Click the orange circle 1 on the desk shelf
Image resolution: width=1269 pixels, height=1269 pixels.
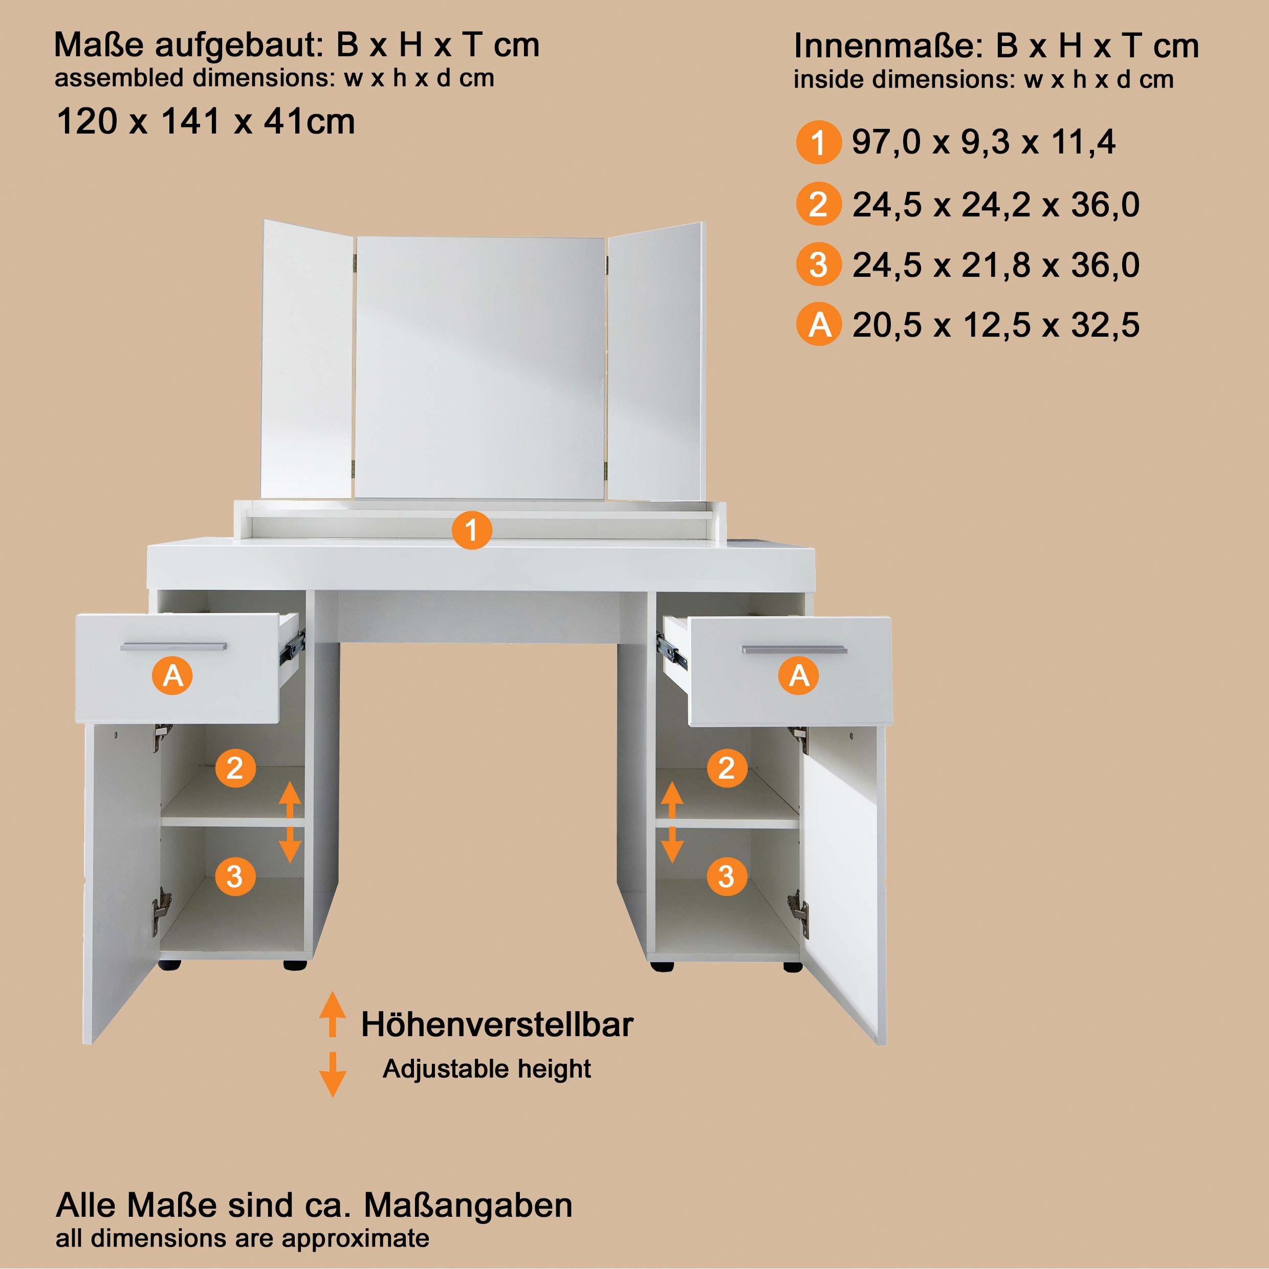(x=472, y=530)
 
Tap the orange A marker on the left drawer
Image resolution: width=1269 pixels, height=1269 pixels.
(x=172, y=675)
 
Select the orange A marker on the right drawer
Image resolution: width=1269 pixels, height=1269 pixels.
(x=799, y=675)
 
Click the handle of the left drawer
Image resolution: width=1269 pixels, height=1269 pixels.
(x=173, y=646)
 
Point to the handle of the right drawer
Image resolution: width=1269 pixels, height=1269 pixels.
(x=794, y=650)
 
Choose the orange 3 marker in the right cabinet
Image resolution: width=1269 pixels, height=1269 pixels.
(x=727, y=876)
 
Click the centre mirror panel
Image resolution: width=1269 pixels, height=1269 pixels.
(x=479, y=368)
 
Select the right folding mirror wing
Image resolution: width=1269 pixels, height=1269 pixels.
(x=656, y=361)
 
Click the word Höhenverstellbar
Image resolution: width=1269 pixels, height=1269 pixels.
(x=497, y=1024)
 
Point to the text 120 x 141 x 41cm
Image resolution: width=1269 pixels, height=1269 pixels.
(x=206, y=121)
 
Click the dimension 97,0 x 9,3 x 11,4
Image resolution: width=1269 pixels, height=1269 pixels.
(x=983, y=142)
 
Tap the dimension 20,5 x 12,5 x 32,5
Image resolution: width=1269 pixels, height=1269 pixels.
(x=996, y=324)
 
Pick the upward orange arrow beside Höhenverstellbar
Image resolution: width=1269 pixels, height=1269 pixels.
(x=333, y=1014)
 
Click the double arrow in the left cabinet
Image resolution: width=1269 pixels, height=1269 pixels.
(x=290, y=822)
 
